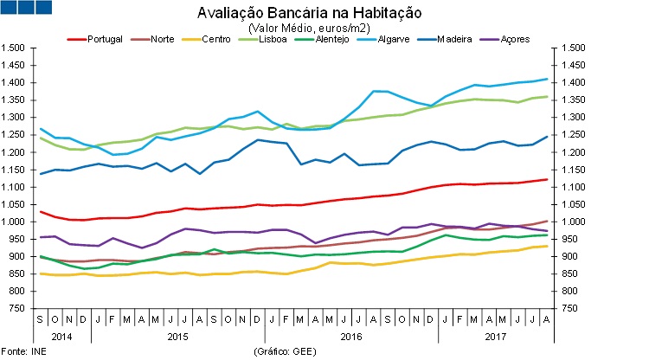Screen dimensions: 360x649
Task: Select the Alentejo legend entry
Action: (332, 40)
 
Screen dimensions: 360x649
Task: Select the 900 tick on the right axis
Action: (571, 257)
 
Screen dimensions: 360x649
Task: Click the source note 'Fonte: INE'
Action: (24, 352)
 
